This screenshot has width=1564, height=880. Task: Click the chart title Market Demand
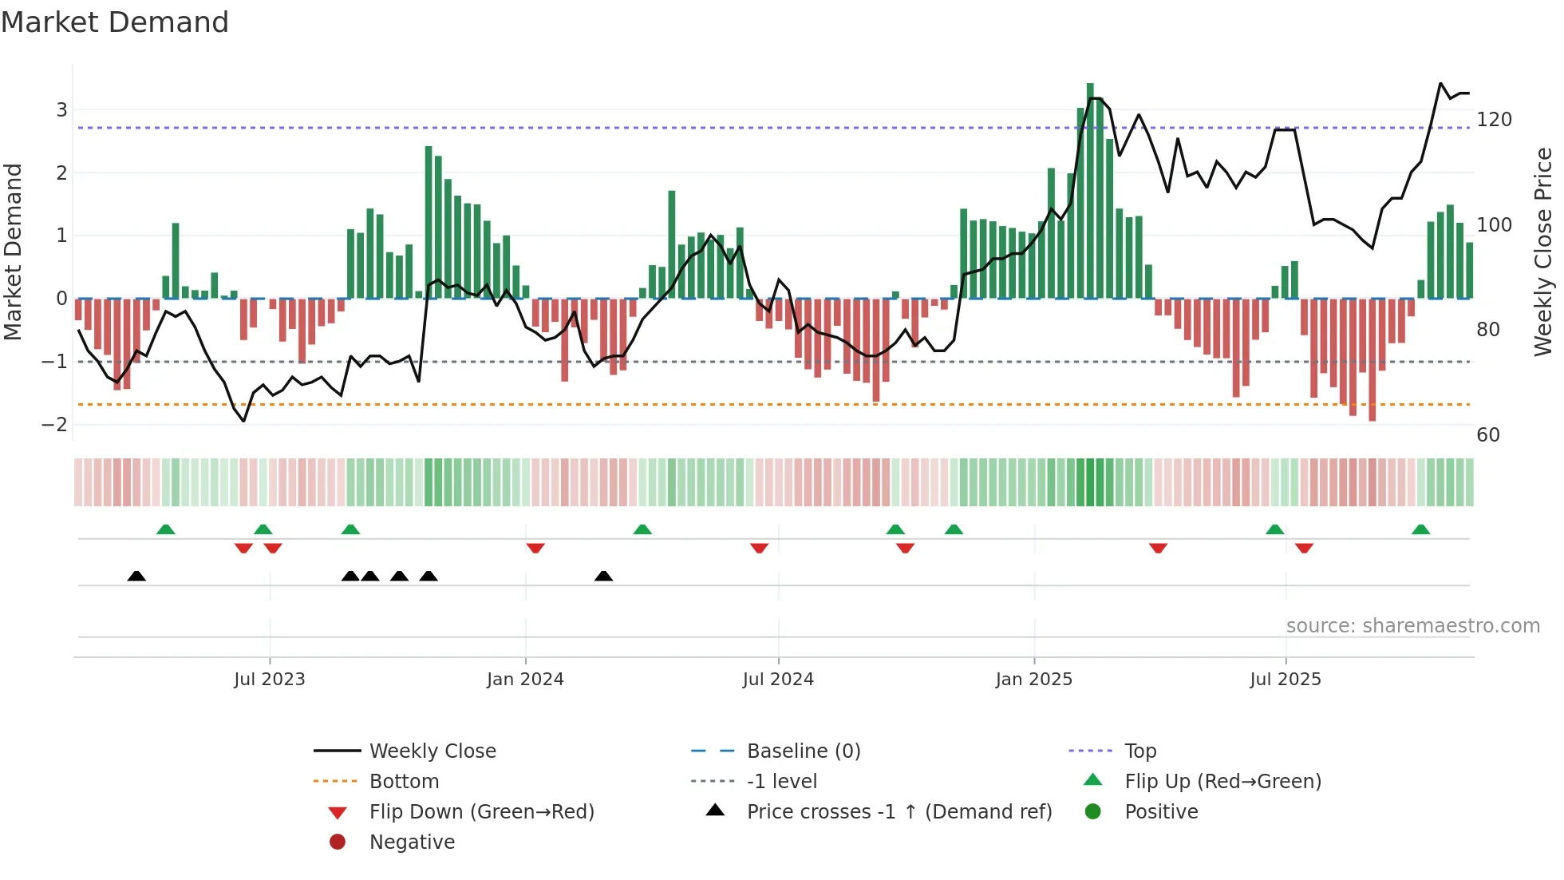[x=115, y=22]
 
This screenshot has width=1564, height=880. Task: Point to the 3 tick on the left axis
[x=61, y=110]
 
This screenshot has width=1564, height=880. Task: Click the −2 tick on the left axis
[x=55, y=425]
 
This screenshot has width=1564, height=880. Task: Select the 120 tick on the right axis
[x=1494, y=120]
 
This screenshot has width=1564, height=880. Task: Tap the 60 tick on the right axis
[x=1488, y=435]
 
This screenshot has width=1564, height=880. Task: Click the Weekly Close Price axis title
[x=1543, y=252]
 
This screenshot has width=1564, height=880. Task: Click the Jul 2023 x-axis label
[x=270, y=680]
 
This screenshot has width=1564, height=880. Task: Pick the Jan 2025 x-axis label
[x=1034, y=680]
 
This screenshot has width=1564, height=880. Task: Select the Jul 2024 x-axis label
[x=778, y=680]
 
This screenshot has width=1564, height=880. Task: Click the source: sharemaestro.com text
[x=1412, y=626]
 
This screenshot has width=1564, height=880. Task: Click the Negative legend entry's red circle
[x=338, y=842]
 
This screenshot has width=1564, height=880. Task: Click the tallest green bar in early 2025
[x=1090, y=192]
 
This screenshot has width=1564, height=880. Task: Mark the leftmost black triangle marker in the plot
[x=136, y=576]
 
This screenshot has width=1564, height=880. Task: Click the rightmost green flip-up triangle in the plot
[x=1420, y=529]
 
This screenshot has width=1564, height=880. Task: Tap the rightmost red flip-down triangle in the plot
[x=1304, y=548]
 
